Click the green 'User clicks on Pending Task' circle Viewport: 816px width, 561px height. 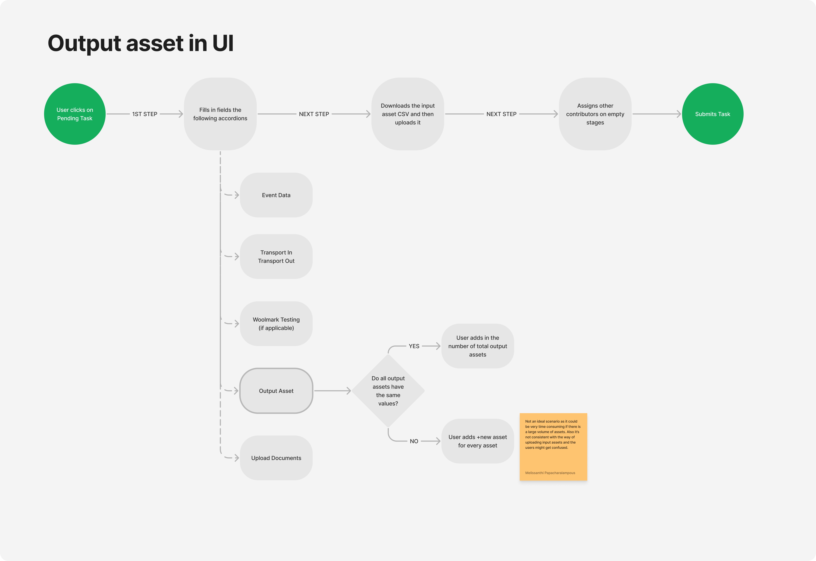pos(75,114)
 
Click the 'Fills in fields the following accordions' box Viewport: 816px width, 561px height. pos(220,114)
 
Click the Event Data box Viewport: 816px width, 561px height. pos(276,195)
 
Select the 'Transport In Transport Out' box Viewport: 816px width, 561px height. pos(276,257)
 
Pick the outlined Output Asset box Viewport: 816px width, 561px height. pos(276,391)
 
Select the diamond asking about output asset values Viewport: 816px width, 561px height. pos(388,391)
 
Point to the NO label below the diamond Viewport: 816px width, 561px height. pos(414,441)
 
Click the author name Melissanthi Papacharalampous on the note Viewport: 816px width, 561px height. pos(550,473)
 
